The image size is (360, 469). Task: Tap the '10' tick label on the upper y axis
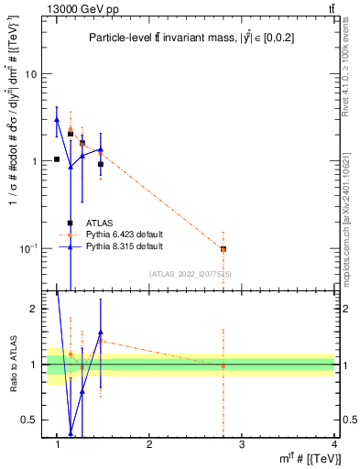(30, 74)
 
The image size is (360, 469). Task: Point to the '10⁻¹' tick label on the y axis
(28, 248)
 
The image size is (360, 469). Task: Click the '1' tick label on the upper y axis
(34, 161)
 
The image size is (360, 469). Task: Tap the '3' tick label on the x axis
(242, 444)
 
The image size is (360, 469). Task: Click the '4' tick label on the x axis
(333, 444)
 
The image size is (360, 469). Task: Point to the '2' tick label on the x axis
(149, 444)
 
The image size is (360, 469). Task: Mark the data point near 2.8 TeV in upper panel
(223, 249)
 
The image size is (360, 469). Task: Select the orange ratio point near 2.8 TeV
(223, 365)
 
